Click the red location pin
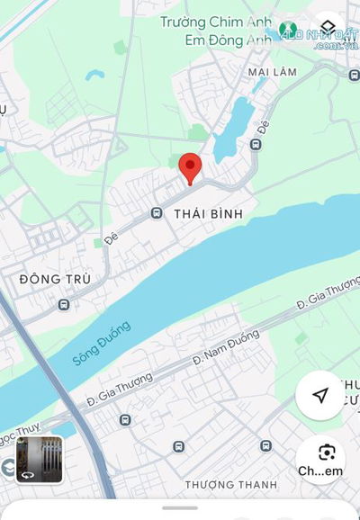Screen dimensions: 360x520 190,166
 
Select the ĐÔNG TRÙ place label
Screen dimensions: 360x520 55,280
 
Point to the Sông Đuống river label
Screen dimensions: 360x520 101,344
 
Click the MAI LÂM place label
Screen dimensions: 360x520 273,71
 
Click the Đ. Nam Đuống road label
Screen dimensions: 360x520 225,347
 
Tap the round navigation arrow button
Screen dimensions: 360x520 319,396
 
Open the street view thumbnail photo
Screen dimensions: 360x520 40,460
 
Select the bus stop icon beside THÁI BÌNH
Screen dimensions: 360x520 157,213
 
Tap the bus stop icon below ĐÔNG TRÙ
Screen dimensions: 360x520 64,305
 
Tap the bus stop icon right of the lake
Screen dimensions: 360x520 256,144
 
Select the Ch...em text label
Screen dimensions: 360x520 320,471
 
